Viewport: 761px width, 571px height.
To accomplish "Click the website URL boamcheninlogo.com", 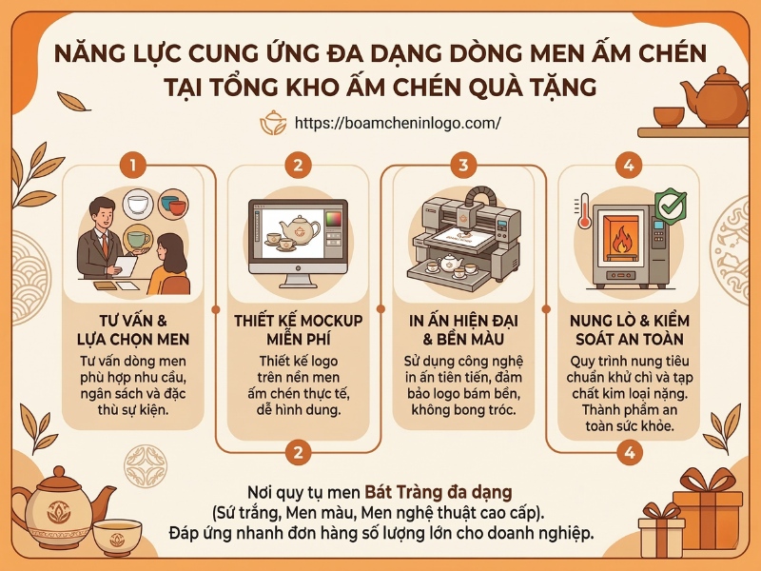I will click(x=398, y=123).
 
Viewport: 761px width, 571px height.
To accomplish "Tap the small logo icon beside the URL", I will click(x=273, y=123).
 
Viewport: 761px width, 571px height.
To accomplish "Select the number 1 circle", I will click(x=134, y=165).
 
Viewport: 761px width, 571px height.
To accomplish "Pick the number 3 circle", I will click(x=462, y=165).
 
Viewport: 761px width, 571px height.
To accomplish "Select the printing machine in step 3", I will click(x=463, y=238).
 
